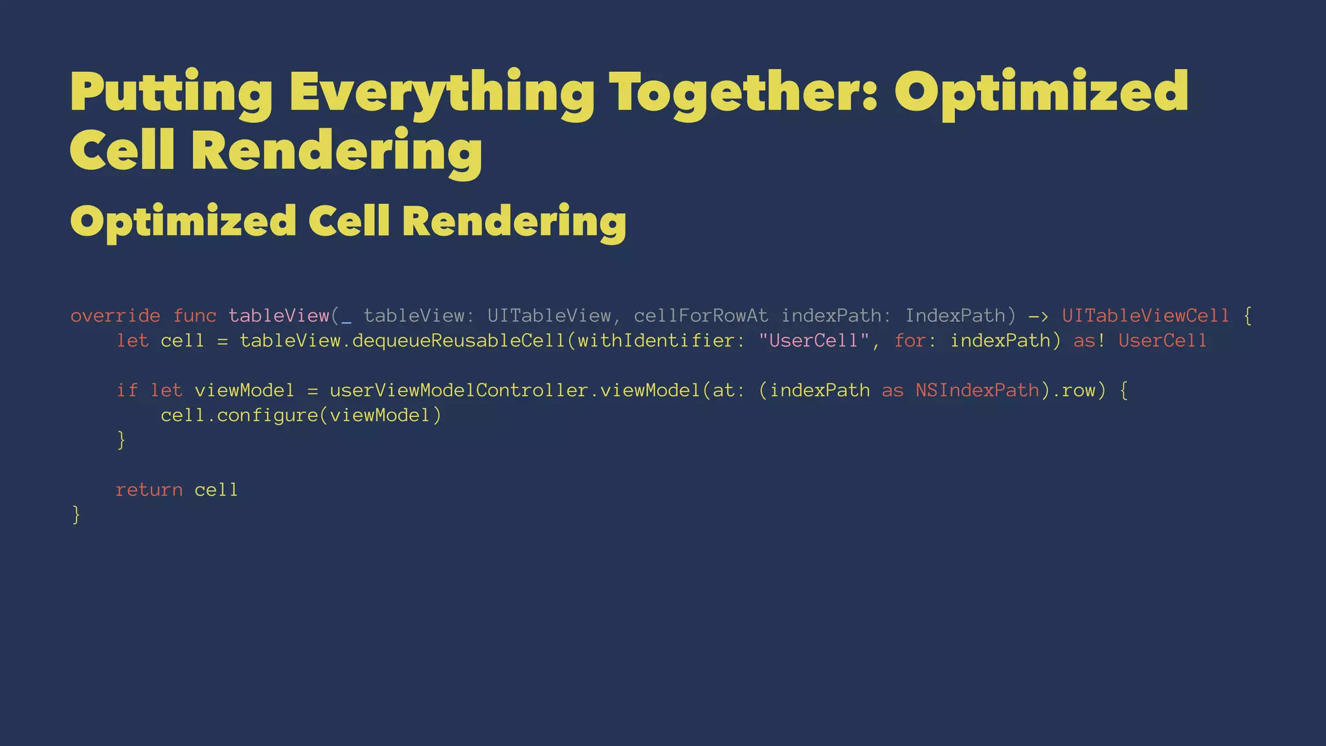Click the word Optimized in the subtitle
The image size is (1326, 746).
point(183,222)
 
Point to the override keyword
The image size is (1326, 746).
point(115,316)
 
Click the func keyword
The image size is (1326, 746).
point(194,316)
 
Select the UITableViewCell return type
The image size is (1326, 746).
point(1145,316)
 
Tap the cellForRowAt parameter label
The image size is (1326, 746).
point(701,316)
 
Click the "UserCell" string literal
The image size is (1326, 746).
point(813,341)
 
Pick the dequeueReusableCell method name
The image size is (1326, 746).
point(458,341)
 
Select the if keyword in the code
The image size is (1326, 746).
point(127,390)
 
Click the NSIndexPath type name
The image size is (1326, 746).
point(977,390)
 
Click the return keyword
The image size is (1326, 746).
point(149,490)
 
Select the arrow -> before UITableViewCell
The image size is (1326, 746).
point(1039,316)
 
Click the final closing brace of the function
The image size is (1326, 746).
point(76,515)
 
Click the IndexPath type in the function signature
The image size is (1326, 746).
point(955,316)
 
